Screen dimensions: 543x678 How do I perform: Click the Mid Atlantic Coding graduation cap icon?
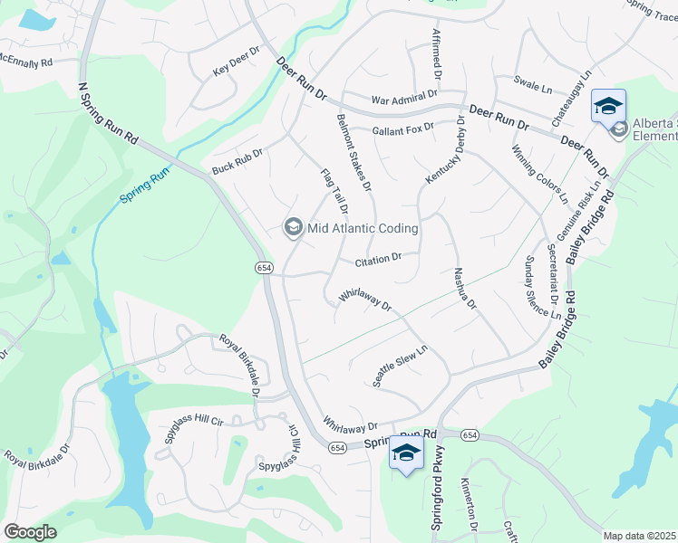pos(293,226)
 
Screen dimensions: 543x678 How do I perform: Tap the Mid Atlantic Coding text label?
pos(363,229)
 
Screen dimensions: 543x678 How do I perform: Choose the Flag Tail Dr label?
pos(334,190)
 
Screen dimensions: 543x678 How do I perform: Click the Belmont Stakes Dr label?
pos(354,152)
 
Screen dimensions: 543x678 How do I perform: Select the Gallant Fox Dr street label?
pos(403,129)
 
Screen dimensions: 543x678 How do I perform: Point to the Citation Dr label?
pos(378,261)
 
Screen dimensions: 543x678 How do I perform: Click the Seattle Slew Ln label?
pos(400,362)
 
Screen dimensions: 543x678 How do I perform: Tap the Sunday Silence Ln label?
pos(542,287)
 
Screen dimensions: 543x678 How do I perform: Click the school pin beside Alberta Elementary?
pos(608,106)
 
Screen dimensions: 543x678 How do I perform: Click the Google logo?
pos(30,532)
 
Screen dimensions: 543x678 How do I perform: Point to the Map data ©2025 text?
pos(639,536)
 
